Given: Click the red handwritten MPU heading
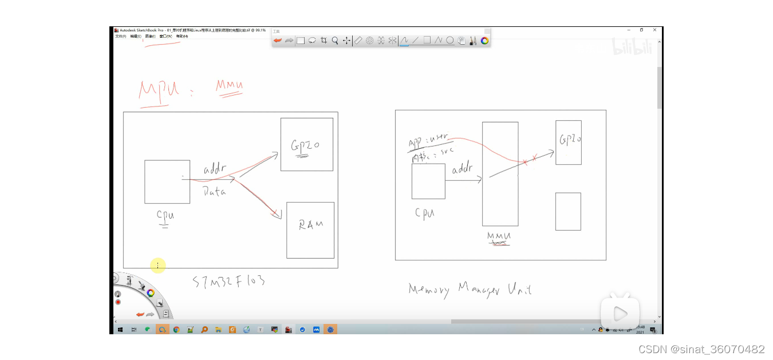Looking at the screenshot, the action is [x=159, y=90].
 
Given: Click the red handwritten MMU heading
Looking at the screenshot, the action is [x=230, y=86].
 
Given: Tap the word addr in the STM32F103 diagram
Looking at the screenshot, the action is [x=215, y=170].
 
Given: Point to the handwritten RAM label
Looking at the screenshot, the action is [x=311, y=225].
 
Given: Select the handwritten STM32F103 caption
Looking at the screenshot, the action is [x=228, y=282].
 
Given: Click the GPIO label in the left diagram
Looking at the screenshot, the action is [x=305, y=145].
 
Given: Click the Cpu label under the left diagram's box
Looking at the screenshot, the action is [x=165, y=216].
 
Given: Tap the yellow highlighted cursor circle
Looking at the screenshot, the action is [x=158, y=265].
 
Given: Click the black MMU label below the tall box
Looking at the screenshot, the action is [x=499, y=236].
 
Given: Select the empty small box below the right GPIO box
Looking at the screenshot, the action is [x=568, y=211].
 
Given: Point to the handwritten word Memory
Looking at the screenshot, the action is [x=429, y=289].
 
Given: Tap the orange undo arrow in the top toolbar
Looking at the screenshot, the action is [x=278, y=41].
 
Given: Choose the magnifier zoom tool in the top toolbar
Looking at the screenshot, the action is [x=335, y=41].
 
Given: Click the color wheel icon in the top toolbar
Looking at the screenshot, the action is [x=485, y=41].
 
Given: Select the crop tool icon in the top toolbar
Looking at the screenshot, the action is [x=324, y=41].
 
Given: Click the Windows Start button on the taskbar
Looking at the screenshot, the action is [x=120, y=330].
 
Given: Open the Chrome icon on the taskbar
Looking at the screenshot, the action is [x=176, y=330].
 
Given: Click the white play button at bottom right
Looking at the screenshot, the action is [x=620, y=313].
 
